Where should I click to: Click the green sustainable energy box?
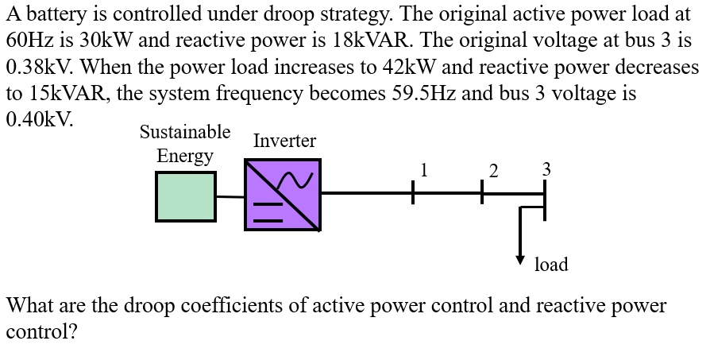point(186,195)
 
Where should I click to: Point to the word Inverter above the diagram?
point(284,141)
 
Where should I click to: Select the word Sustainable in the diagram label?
point(185,131)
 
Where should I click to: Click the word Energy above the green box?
point(185,156)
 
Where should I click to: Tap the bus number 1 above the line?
point(425,168)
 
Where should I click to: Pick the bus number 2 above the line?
point(494,170)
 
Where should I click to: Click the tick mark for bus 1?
point(413,192)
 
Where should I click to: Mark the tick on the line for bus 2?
point(481,192)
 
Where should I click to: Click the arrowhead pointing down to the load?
point(521,259)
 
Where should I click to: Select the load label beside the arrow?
point(551,265)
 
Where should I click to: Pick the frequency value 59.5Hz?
point(424,93)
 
